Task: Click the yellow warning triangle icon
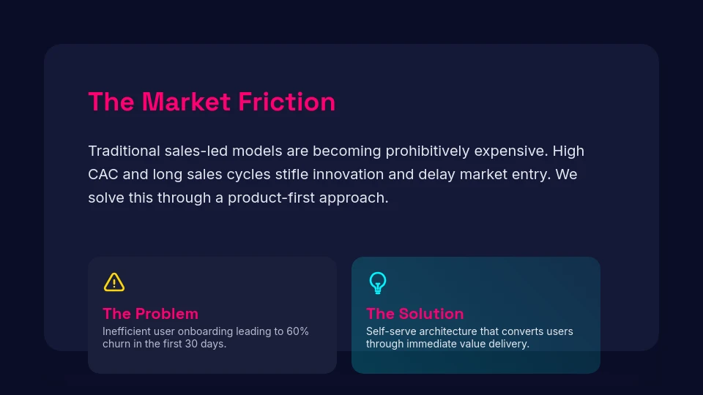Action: click(114, 282)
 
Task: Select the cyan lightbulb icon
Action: click(377, 282)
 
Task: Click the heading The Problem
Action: click(150, 313)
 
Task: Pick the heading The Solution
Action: click(414, 313)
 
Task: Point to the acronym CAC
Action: click(103, 175)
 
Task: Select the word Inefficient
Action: click(128, 331)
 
